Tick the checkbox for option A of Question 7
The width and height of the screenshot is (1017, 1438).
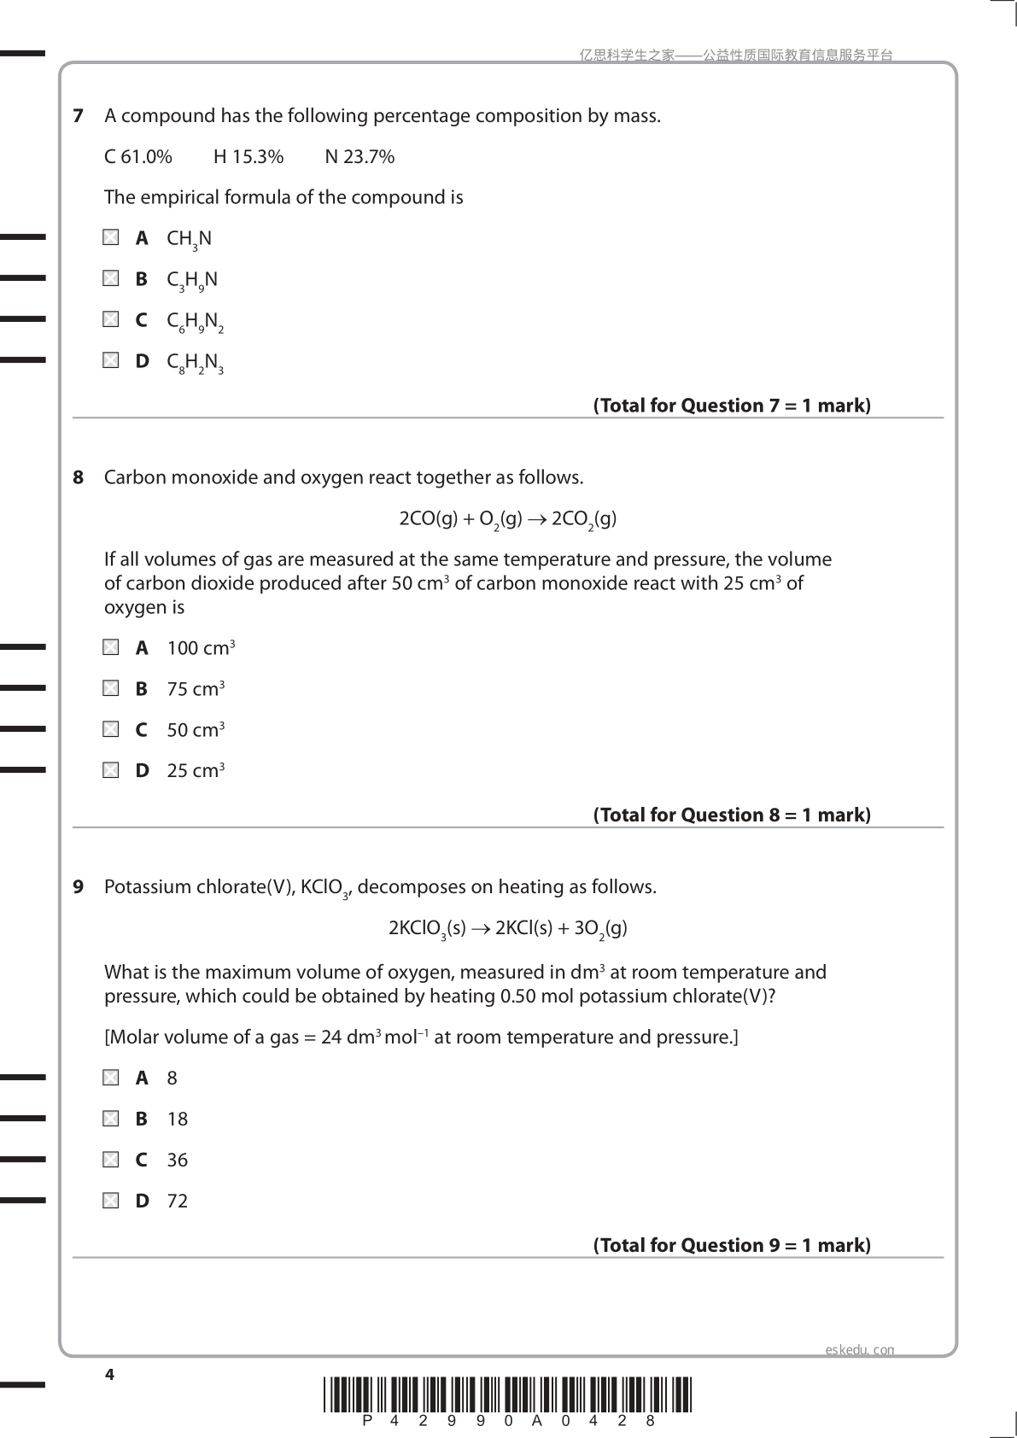(111, 237)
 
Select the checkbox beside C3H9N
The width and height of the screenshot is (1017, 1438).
(111, 278)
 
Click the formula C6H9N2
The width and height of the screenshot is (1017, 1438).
(195, 322)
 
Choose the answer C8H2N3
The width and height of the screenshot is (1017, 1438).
(195, 363)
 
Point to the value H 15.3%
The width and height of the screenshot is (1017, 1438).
(248, 157)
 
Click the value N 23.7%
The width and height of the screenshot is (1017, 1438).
(359, 157)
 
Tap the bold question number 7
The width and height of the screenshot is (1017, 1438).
(79, 116)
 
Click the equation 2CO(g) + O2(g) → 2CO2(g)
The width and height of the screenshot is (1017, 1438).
(507, 519)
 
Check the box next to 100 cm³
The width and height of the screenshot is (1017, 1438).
(111, 647)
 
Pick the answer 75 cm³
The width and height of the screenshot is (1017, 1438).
(196, 689)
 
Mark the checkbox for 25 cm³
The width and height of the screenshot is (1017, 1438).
(111, 770)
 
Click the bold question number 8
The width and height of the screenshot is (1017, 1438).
(79, 477)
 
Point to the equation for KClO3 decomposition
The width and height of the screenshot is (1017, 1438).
(507, 929)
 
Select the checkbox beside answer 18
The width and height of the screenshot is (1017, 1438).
(111, 1119)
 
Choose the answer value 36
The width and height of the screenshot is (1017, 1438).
(177, 1160)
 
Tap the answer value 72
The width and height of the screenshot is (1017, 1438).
(177, 1201)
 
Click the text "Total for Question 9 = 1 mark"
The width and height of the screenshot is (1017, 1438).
(732, 1245)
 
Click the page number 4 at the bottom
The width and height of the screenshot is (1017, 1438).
(109, 1374)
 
